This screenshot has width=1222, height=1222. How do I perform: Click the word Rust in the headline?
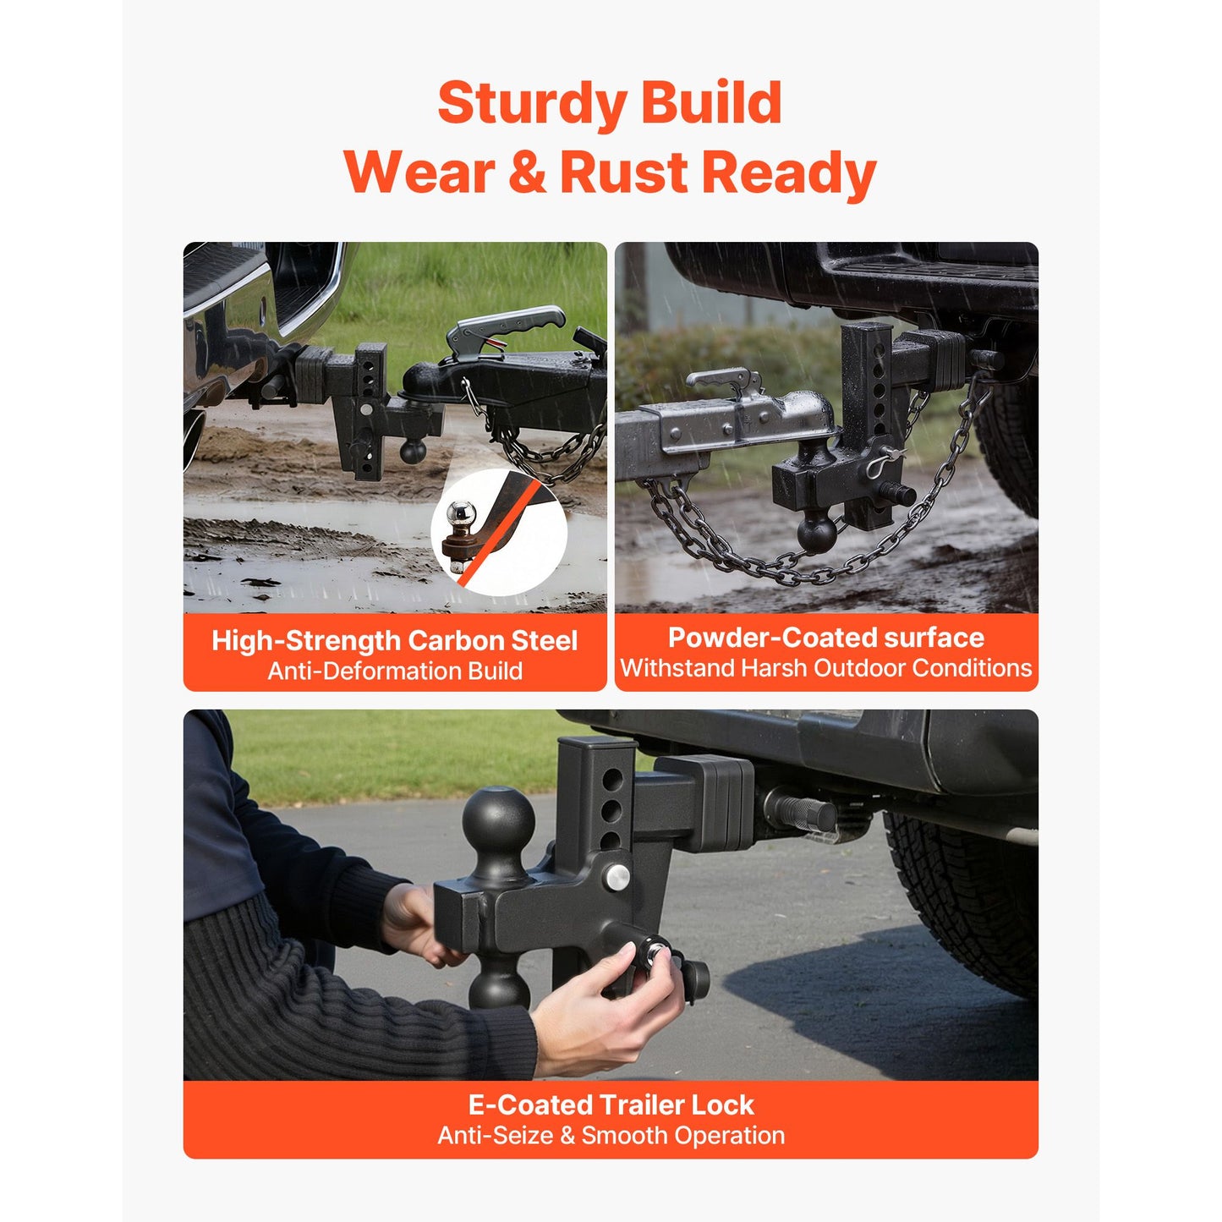pos(624,173)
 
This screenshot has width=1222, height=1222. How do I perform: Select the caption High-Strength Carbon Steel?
pos(394,640)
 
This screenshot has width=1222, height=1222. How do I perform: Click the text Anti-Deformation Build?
pos(394,671)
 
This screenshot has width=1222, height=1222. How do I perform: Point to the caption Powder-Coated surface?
pos(825,638)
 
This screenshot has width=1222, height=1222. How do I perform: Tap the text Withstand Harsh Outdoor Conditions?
pos(825,668)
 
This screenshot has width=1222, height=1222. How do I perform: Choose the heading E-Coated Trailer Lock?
pos(611,1105)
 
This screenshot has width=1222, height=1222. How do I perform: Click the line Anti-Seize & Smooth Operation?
pos(611,1136)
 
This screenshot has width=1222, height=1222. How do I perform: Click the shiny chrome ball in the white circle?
pos(461,512)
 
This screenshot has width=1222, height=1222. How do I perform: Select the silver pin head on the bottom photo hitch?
pos(617,877)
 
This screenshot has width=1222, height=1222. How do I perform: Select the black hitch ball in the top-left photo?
pos(413,452)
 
